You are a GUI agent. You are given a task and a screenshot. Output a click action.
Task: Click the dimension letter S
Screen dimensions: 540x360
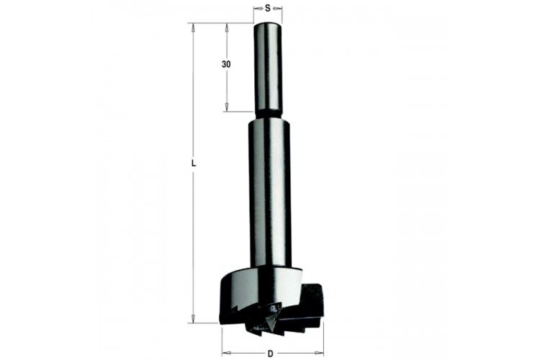point(268,9)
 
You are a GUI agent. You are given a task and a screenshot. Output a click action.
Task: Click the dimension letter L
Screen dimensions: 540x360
point(194,164)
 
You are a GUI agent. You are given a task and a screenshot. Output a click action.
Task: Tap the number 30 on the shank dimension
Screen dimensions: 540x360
point(226,64)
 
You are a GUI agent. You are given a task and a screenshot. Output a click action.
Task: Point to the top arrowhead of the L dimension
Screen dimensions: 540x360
point(193,27)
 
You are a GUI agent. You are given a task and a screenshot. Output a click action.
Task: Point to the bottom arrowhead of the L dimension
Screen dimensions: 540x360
point(193,319)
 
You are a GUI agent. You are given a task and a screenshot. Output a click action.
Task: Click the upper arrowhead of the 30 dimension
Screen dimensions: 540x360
point(227,27)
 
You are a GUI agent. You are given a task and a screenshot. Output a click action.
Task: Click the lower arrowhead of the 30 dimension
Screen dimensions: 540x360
point(227,107)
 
